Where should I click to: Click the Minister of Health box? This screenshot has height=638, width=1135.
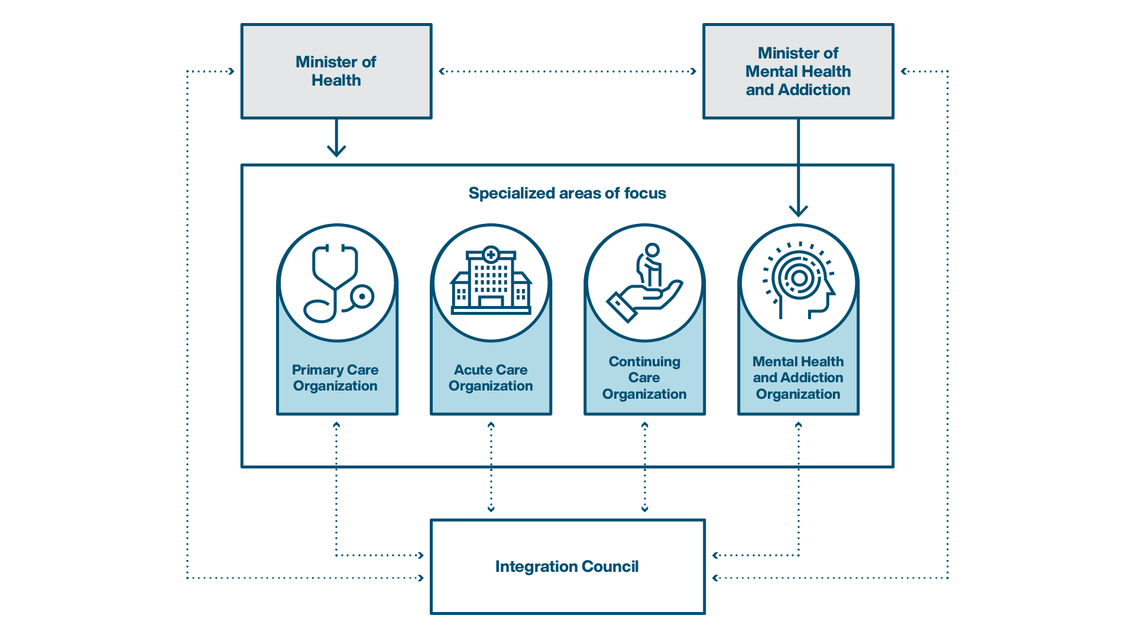point(336,71)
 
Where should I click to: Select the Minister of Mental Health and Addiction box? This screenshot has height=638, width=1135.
point(798,71)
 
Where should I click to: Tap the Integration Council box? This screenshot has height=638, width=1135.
point(567,567)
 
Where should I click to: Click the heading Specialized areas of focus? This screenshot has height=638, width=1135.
point(567,193)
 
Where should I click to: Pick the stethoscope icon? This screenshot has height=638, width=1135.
point(338,283)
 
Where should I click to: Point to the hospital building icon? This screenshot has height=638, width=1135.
point(491,280)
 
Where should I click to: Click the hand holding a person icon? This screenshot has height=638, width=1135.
point(644,283)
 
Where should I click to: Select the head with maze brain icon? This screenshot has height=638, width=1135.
point(799,281)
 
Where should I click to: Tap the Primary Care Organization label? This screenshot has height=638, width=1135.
point(335,377)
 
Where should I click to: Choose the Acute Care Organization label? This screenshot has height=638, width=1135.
point(491,377)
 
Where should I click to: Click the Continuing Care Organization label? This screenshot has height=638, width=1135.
point(644,377)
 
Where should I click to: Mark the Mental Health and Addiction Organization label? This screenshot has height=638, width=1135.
point(798,377)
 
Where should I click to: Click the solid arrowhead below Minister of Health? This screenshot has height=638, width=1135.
point(336,150)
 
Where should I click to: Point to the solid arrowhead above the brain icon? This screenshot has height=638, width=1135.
point(799,210)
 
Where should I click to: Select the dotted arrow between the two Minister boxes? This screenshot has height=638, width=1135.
point(567,71)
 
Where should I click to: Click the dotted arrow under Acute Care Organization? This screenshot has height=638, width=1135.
point(491,467)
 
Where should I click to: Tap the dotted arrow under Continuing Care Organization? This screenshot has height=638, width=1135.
point(644,467)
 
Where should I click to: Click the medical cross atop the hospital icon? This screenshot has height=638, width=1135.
point(491,255)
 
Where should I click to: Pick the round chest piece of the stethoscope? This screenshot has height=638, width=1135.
point(362,297)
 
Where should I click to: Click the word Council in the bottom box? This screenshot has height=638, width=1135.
point(610,567)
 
